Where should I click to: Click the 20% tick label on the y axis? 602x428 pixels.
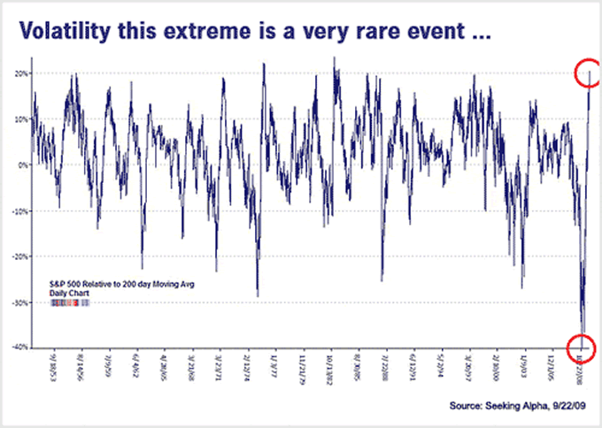point(20,73)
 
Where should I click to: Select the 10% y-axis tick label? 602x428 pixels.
point(20,118)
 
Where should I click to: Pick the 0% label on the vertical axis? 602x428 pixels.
point(22,164)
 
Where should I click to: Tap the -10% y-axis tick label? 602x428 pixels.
point(19,210)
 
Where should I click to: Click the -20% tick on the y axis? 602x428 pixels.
point(19,256)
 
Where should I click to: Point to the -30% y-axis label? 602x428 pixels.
point(19,302)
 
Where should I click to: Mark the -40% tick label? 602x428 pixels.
point(19,348)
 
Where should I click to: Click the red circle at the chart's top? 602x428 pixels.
point(588,73)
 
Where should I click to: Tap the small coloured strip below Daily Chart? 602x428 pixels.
point(71,302)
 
